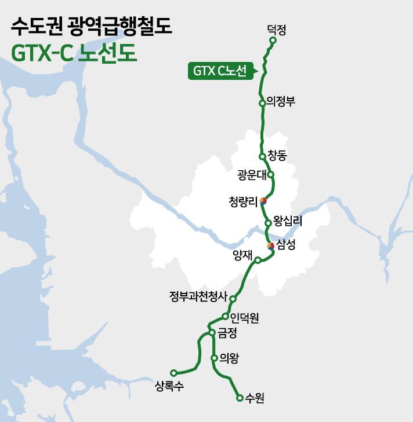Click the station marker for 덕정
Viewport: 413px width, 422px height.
(x=273, y=41)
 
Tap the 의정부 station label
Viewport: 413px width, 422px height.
(x=281, y=102)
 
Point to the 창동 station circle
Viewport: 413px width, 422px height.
(x=262, y=156)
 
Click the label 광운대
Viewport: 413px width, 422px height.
(x=251, y=174)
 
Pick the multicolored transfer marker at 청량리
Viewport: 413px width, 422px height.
(x=263, y=201)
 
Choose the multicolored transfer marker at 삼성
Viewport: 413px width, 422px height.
(x=270, y=247)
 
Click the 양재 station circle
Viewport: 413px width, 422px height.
(x=258, y=260)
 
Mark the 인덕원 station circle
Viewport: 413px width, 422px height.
(x=225, y=316)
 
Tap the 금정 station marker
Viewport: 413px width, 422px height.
(x=212, y=332)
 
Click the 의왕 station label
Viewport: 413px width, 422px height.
(x=230, y=358)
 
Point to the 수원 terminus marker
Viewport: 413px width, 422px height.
(x=239, y=398)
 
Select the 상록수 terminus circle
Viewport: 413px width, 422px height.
(x=173, y=373)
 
